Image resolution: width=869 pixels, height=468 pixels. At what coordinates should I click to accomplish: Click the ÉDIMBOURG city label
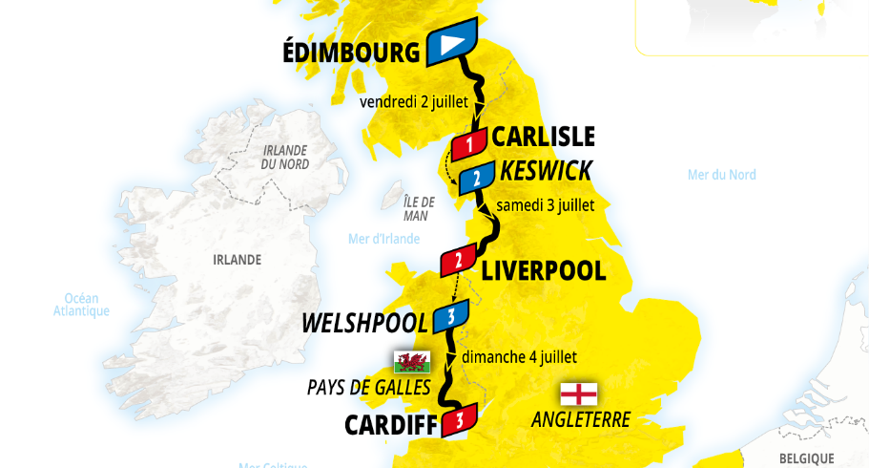pyautogui.click(x=351, y=52)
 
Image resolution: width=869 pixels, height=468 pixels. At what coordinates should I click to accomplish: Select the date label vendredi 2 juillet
pyautogui.click(x=415, y=102)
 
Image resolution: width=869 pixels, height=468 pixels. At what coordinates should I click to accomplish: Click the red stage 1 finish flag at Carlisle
pyautogui.click(x=469, y=145)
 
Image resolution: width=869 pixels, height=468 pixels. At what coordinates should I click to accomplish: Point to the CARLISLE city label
pyautogui.click(x=543, y=138)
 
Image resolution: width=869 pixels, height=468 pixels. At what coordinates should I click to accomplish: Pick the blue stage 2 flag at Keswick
pyautogui.click(x=476, y=178)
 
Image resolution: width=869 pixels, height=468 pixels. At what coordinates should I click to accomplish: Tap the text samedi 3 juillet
pyautogui.click(x=547, y=205)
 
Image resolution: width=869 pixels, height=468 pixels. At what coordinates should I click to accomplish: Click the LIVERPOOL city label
pyautogui.click(x=544, y=271)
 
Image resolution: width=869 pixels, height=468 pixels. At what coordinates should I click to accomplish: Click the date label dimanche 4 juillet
pyautogui.click(x=519, y=357)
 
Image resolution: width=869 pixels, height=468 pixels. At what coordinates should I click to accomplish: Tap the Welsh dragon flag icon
pyautogui.click(x=412, y=362)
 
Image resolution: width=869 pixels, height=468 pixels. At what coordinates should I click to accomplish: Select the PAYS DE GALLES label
pyautogui.click(x=369, y=387)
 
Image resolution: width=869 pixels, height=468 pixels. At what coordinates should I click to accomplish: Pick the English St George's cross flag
pyautogui.click(x=579, y=394)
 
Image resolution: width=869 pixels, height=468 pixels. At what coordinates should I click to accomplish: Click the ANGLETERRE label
pyautogui.click(x=581, y=419)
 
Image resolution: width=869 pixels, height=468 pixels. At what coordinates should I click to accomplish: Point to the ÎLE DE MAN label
pyautogui.click(x=418, y=208)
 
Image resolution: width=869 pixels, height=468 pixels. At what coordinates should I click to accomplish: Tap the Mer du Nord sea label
pyautogui.click(x=721, y=175)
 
